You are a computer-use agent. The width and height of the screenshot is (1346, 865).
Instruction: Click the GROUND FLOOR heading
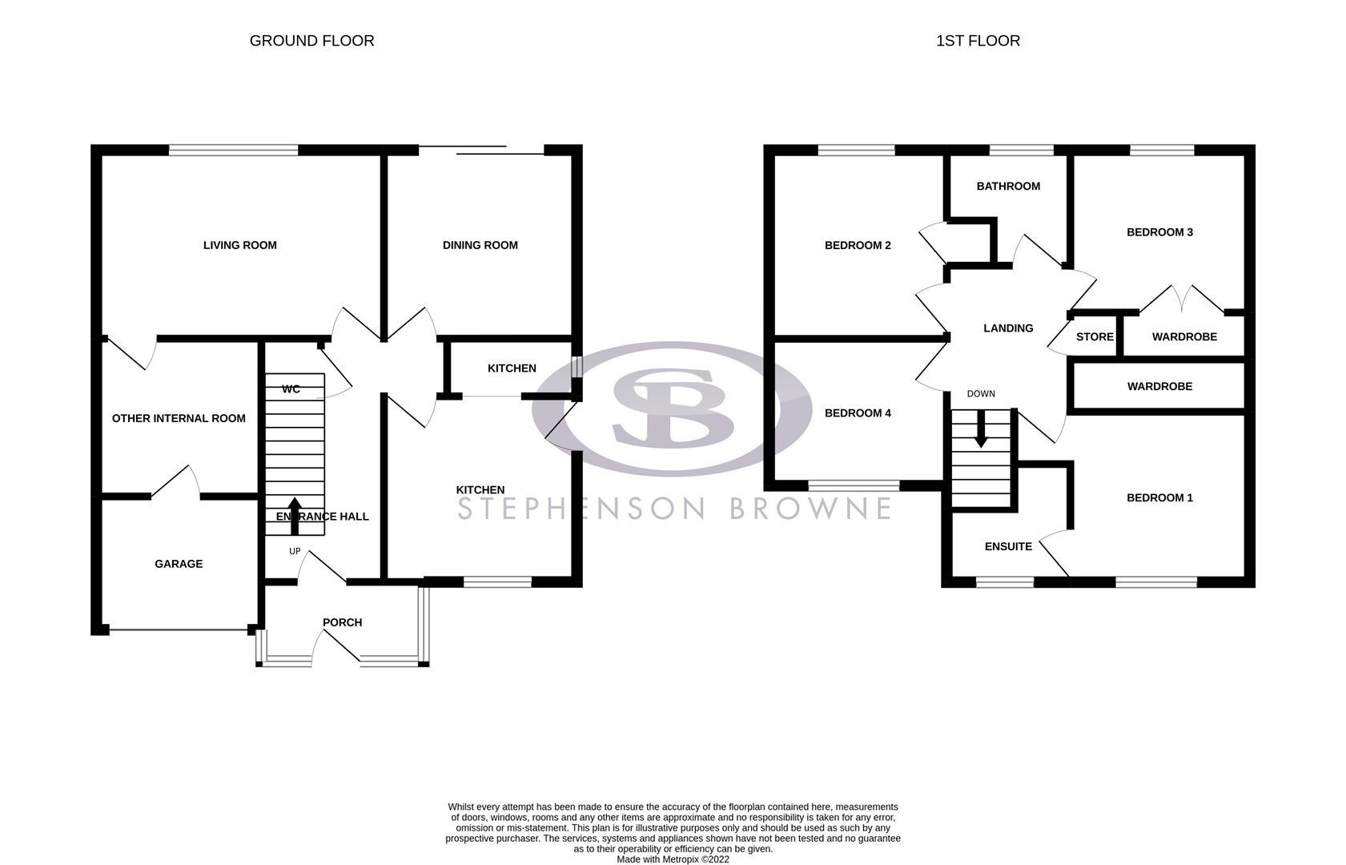[x=311, y=41]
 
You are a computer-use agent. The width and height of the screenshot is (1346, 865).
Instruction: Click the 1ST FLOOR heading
[x=978, y=41]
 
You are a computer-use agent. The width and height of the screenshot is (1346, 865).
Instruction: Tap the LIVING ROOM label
[x=239, y=245]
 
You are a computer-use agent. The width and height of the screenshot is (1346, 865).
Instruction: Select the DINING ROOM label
[x=480, y=245]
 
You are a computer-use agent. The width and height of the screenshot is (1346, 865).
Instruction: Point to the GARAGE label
[x=179, y=564]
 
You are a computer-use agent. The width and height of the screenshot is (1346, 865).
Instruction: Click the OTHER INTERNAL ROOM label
[x=179, y=418]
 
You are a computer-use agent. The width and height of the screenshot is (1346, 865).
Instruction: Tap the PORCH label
[x=342, y=622]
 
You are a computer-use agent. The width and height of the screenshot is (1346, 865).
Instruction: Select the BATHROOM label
[x=1008, y=186]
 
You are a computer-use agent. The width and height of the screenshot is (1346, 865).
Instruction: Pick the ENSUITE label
[x=1008, y=546]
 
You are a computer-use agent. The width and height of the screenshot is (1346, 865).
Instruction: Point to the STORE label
[x=1095, y=336]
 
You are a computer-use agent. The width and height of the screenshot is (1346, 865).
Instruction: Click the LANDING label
[x=1008, y=328]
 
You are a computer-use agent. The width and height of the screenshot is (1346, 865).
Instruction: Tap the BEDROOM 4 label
[x=858, y=413]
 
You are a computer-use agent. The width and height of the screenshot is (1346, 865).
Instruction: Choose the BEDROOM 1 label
[x=1159, y=497]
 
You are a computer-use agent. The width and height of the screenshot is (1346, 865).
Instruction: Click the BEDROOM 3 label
[x=1159, y=232]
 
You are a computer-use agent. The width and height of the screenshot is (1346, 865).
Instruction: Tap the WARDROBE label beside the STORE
[x=1184, y=336]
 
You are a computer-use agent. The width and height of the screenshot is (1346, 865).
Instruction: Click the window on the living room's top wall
[x=233, y=150]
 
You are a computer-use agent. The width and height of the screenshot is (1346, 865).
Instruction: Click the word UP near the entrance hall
[x=295, y=551]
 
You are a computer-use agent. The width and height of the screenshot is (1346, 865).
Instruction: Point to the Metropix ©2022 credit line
[x=673, y=859]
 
